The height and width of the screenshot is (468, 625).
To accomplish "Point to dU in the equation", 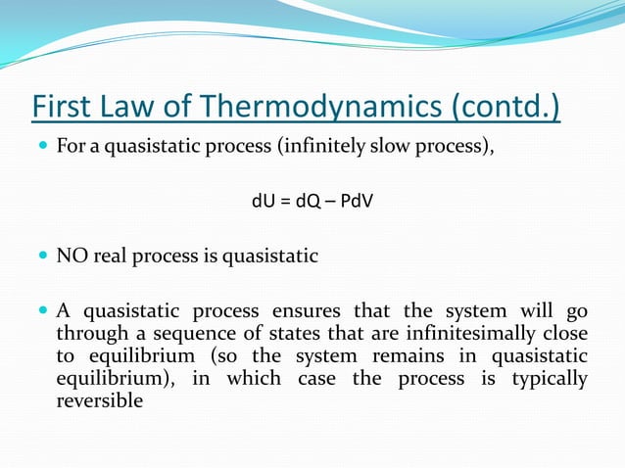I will [x=263, y=204].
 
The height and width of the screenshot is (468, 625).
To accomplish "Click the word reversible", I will [x=99, y=400].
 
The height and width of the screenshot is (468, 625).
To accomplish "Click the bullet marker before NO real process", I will [x=42, y=257].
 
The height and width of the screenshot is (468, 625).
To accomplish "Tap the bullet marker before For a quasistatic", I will [x=42, y=150].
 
